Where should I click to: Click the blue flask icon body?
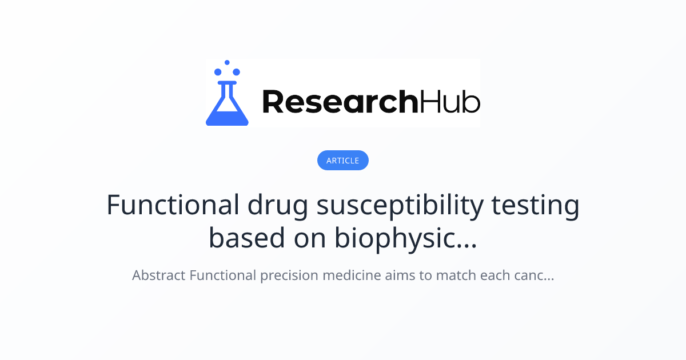[227, 109]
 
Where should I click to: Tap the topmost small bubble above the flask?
[227, 62]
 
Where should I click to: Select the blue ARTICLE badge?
[343, 161]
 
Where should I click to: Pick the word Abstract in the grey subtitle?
[159, 275]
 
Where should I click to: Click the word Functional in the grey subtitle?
[222, 275]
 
